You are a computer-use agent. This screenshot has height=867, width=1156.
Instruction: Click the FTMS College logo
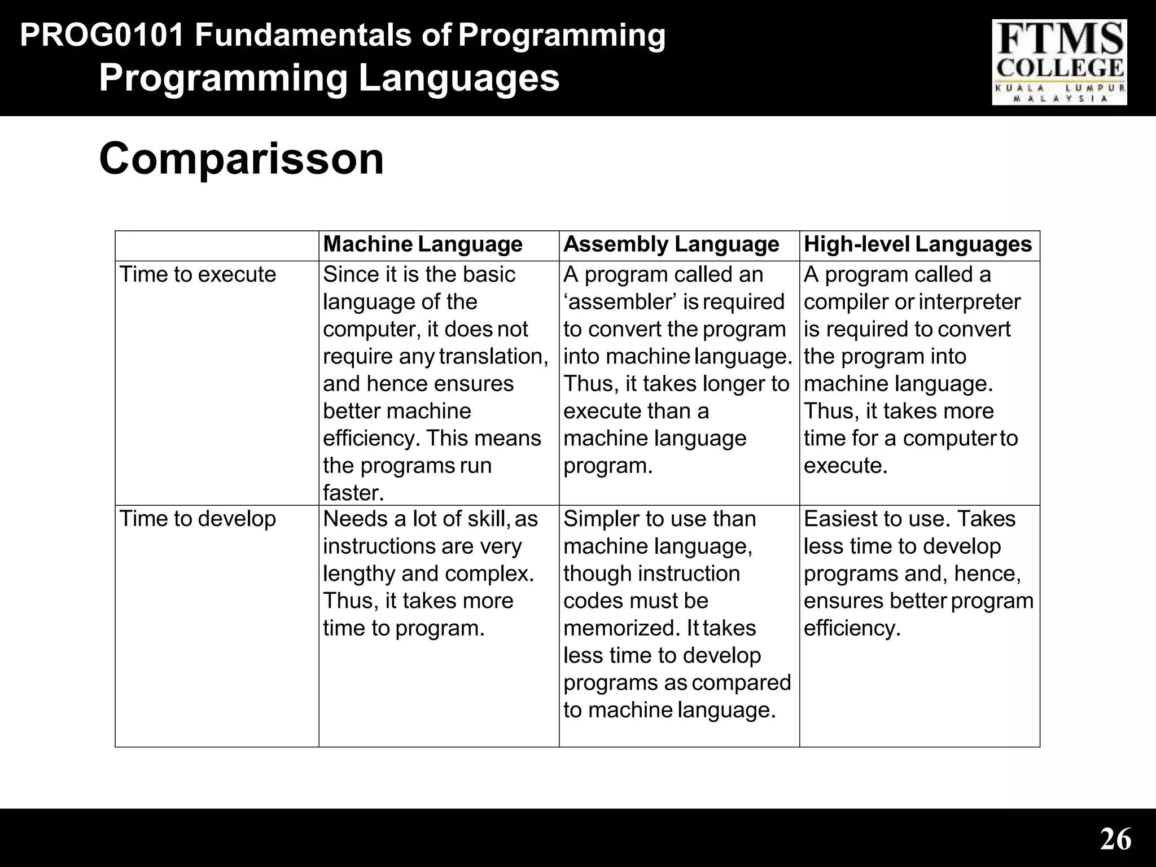click(1059, 62)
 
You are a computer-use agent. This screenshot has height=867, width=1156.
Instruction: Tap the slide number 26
click(1115, 839)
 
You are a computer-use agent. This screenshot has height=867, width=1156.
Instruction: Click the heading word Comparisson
click(241, 159)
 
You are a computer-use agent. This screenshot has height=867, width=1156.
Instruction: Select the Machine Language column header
click(423, 244)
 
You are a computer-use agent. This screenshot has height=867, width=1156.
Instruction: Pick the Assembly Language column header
click(671, 244)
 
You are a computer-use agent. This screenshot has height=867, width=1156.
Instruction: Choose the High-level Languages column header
click(918, 244)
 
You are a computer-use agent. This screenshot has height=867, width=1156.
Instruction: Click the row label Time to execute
click(198, 275)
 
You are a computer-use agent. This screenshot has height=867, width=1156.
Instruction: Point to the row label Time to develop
click(198, 519)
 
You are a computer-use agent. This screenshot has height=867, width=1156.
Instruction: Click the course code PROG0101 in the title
click(102, 36)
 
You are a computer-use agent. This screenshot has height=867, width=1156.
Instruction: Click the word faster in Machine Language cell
click(353, 493)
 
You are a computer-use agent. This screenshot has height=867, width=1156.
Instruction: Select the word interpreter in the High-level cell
click(969, 302)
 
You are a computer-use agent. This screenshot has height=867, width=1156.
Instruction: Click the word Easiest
click(837, 519)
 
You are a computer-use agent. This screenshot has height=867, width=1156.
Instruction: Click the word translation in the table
click(493, 357)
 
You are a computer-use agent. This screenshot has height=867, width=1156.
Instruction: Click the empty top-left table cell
click(217, 246)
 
